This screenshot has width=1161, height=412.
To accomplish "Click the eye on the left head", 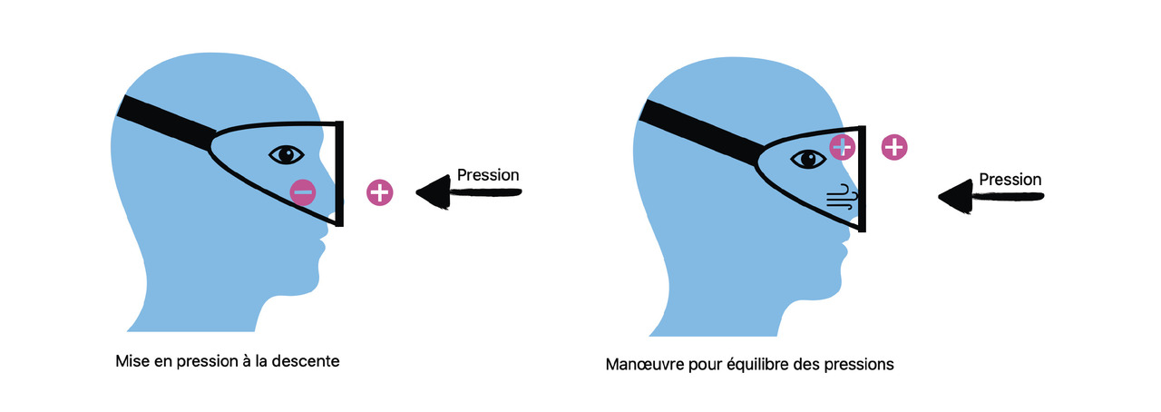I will coord(287,154).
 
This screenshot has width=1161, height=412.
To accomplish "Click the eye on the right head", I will coord(808,159).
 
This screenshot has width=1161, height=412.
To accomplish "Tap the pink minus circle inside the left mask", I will coord(303,191).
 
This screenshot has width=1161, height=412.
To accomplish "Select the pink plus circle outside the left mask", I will coord(380,192).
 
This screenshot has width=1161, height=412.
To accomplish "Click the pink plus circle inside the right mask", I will coord(843,146).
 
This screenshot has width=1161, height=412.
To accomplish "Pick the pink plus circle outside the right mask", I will coord(893,147).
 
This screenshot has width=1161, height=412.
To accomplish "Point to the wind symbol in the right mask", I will coord(840,197).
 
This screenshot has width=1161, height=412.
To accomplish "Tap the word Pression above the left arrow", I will coord(488,174).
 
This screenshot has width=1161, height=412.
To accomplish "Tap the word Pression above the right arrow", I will coord(1010,180).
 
